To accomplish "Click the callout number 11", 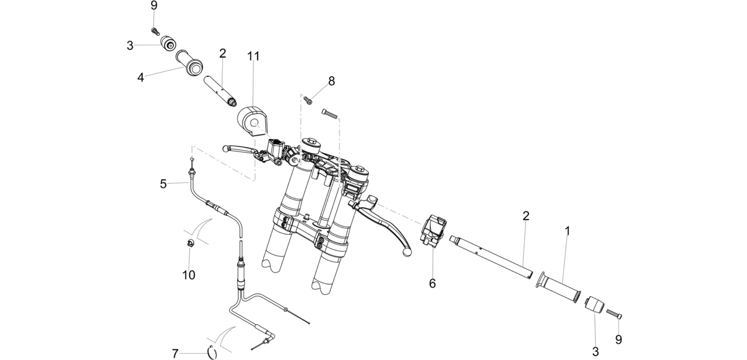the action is tap(253, 56).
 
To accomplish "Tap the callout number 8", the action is tap(331, 81).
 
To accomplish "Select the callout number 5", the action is tap(163, 184).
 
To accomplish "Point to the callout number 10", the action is tap(189, 275).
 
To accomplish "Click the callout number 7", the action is tap(175, 354).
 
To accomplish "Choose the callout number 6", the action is tap(432, 283).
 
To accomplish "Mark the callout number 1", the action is tap(567, 231).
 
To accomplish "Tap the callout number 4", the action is tap(141, 77).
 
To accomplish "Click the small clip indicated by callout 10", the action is tap(190, 243).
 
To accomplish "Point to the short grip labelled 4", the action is tap(189, 63).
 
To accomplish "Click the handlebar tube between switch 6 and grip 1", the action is tap(492, 257).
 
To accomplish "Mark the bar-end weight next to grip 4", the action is tap(168, 43).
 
